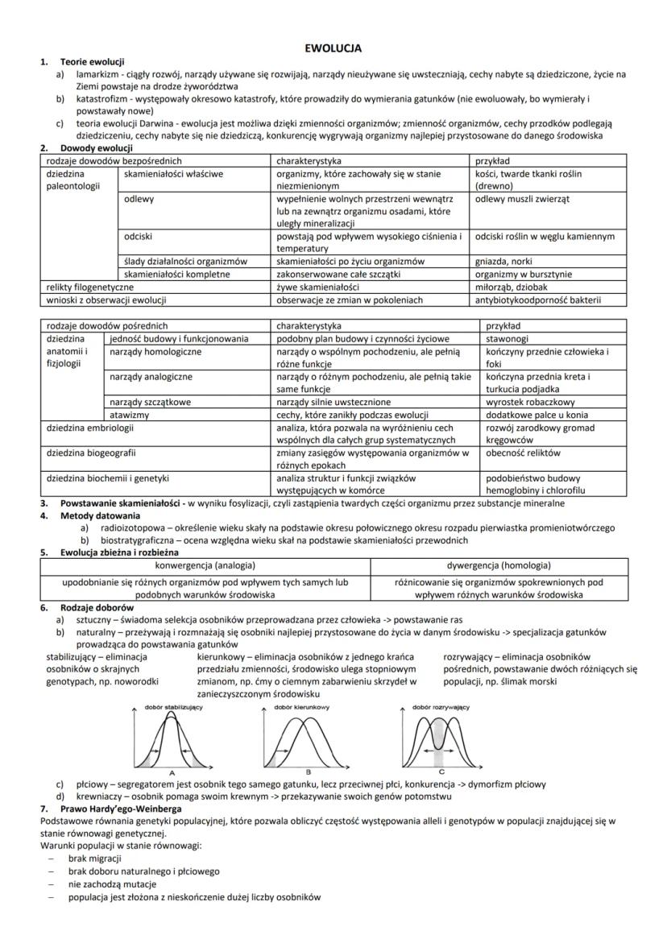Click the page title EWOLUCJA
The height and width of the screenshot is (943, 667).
tap(333, 48)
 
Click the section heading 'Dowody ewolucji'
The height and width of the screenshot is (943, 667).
tap(91, 148)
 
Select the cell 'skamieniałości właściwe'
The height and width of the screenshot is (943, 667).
tap(173, 173)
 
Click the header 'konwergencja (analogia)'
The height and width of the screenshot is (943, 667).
tap(205, 565)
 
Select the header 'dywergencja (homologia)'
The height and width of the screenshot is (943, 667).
tap(499, 565)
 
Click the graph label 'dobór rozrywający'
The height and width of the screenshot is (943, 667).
tap(441, 707)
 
